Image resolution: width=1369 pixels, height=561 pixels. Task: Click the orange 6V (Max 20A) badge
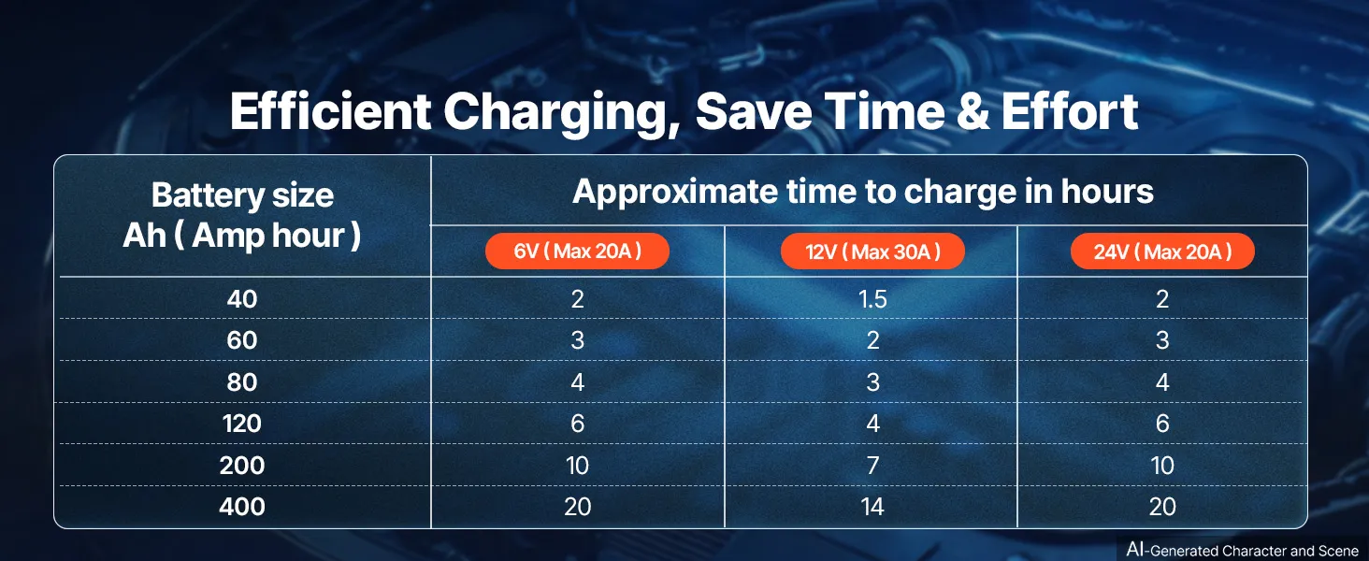(577, 252)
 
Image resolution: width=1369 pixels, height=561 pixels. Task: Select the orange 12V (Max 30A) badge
(872, 252)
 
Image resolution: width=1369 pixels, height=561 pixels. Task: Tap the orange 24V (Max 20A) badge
(1162, 252)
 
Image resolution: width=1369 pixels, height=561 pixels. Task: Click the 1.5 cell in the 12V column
(872, 299)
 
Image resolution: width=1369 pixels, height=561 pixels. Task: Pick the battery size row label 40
(242, 299)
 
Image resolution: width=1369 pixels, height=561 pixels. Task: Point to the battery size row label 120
(242, 424)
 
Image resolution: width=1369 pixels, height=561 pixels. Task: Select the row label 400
(242, 507)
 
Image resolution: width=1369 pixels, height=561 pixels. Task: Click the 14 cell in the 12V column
(872, 507)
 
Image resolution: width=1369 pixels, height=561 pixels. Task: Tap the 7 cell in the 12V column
(872, 466)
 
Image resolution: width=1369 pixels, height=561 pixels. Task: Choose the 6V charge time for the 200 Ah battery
(578, 466)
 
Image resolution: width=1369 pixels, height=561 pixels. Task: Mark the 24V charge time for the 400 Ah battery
(1162, 507)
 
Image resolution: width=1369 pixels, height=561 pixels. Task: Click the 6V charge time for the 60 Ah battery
(578, 340)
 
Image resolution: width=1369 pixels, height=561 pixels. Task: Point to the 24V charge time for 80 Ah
(1162, 382)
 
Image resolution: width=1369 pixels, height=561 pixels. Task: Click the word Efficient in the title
(331, 111)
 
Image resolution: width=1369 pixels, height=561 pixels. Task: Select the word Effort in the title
(1070, 111)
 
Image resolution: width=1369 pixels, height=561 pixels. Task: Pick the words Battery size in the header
(242, 195)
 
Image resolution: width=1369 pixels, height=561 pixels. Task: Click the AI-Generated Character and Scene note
(1242, 550)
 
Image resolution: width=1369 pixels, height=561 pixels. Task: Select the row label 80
(242, 382)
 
